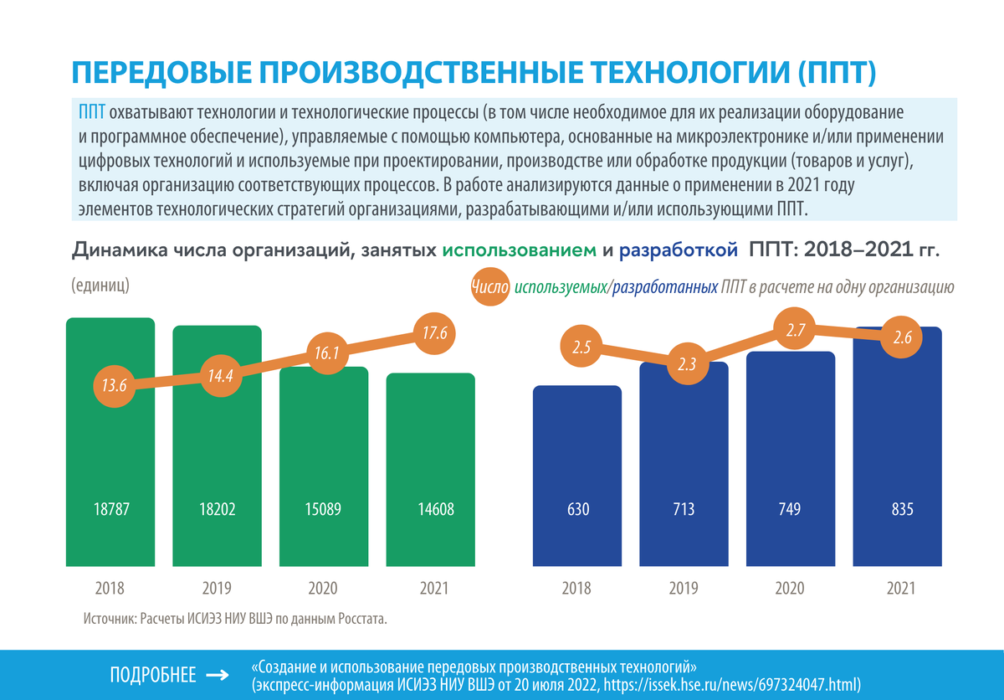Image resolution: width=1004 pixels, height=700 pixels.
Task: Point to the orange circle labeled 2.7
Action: click(796, 331)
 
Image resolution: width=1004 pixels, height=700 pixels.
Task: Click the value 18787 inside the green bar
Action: click(111, 509)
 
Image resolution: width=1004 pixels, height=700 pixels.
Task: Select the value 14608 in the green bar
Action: click(431, 509)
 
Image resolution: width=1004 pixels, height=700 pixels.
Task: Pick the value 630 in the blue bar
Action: click(578, 509)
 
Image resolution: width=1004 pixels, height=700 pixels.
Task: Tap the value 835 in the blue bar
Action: click(902, 509)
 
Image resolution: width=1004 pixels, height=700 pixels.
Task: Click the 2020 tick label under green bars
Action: click(324, 588)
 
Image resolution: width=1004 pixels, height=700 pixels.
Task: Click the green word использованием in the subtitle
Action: click(519, 250)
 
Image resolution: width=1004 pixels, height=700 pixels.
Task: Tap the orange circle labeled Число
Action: click(489, 286)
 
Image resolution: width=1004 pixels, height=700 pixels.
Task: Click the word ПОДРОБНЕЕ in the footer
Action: click(153, 675)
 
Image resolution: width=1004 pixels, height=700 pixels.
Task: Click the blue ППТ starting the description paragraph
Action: click(91, 112)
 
